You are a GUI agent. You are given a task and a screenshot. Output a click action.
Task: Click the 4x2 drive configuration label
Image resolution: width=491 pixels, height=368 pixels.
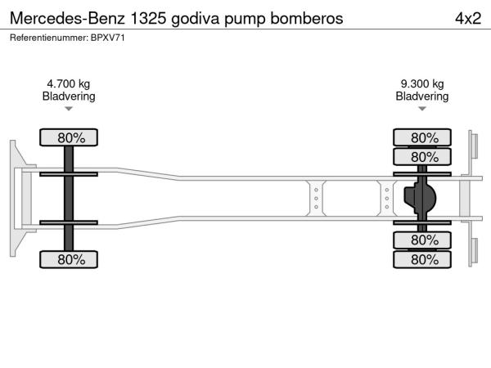pyautogui.click(x=468, y=19)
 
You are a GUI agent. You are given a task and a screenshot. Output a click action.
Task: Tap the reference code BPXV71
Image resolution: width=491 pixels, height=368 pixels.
pyautogui.click(x=108, y=38)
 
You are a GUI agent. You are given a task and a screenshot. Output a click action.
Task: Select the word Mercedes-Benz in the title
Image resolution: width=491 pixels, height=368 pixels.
pyautogui.click(x=67, y=19)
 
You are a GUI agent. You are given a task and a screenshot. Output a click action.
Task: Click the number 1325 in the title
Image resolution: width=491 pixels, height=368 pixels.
pyautogui.click(x=148, y=19)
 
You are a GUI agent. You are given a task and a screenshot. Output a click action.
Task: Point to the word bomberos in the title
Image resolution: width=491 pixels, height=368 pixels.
pyautogui.click(x=307, y=19)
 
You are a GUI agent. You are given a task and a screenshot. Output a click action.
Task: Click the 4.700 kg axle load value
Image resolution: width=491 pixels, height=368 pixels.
pyautogui.click(x=68, y=84)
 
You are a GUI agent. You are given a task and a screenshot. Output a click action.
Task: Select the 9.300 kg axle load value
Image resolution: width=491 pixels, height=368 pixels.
pyautogui.click(x=422, y=84)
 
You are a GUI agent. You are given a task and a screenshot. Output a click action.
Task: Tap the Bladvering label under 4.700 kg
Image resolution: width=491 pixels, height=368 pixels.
pyautogui.click(x=69, y=96)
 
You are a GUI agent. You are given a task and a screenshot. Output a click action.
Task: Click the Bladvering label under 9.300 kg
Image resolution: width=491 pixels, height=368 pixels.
pyautogui.click(x=422, y=96)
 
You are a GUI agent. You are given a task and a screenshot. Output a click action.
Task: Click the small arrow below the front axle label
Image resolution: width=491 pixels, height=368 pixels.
pyautogui.click(x=69, y=109)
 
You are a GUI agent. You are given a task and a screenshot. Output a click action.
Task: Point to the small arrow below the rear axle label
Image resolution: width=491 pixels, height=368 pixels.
pyautogui.click(x=422, y=109)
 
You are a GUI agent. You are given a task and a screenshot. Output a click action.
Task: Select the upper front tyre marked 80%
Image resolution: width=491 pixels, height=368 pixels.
pyautogui.click(x=69, y=137)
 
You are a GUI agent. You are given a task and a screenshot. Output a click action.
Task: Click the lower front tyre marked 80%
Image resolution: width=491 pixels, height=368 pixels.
pyautogui.click(x=69, y=259)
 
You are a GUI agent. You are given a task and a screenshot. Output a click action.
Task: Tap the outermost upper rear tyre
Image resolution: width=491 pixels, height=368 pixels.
pyautogui.click(x=422, y=137)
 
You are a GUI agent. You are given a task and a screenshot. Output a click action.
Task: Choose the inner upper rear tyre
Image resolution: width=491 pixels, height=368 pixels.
pyautogui.click(x=422, y=157)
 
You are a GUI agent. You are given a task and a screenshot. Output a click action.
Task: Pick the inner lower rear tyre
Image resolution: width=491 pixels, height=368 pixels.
pyautogui.click(x=422, y=240)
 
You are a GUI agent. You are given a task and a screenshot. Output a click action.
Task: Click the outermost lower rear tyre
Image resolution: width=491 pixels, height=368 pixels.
pyautogui.click(x=422, y=259)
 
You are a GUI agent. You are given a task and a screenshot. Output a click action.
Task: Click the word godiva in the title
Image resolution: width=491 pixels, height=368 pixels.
pyautogui.click(x=196, y=19)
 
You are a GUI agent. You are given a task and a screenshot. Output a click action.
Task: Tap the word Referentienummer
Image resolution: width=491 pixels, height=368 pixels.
pyautogui.click(x=49, y=38)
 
